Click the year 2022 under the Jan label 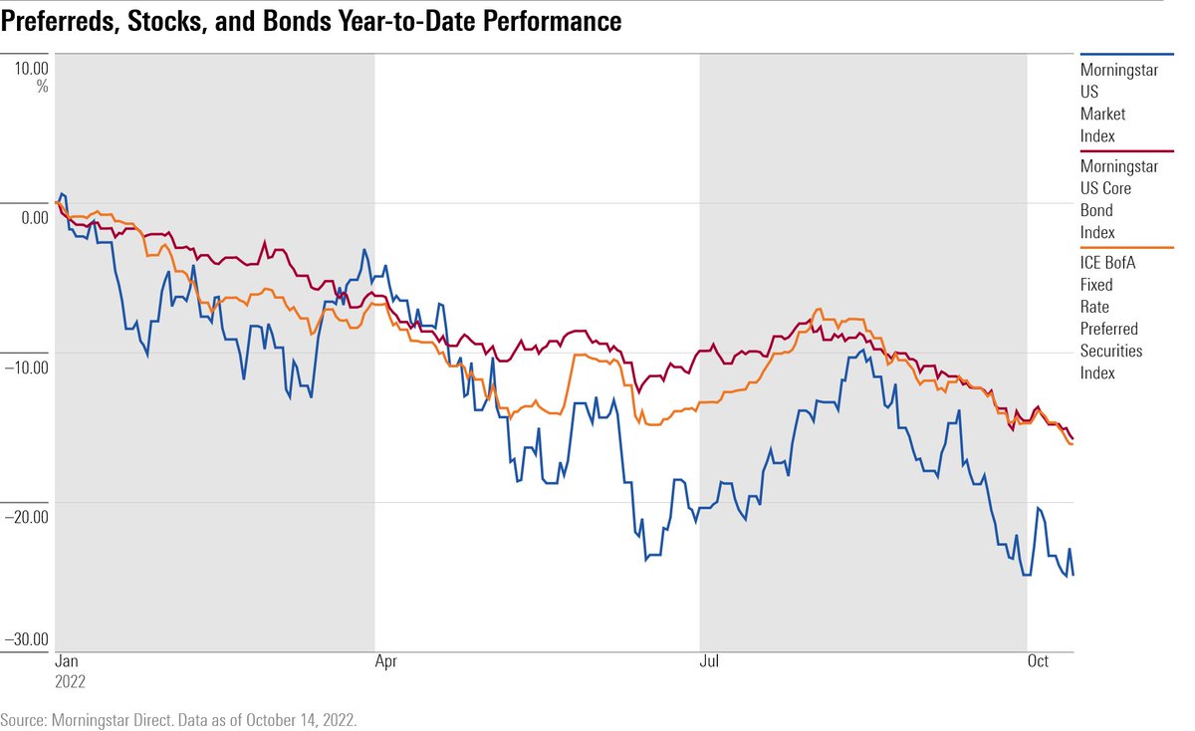click(x=69, y=683)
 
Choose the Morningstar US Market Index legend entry click(x=1118, y=103)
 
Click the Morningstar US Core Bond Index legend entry click(x=1118, y=199)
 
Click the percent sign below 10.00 click(x=42, y=88)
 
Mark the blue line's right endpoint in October click(x=1074, y=575)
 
